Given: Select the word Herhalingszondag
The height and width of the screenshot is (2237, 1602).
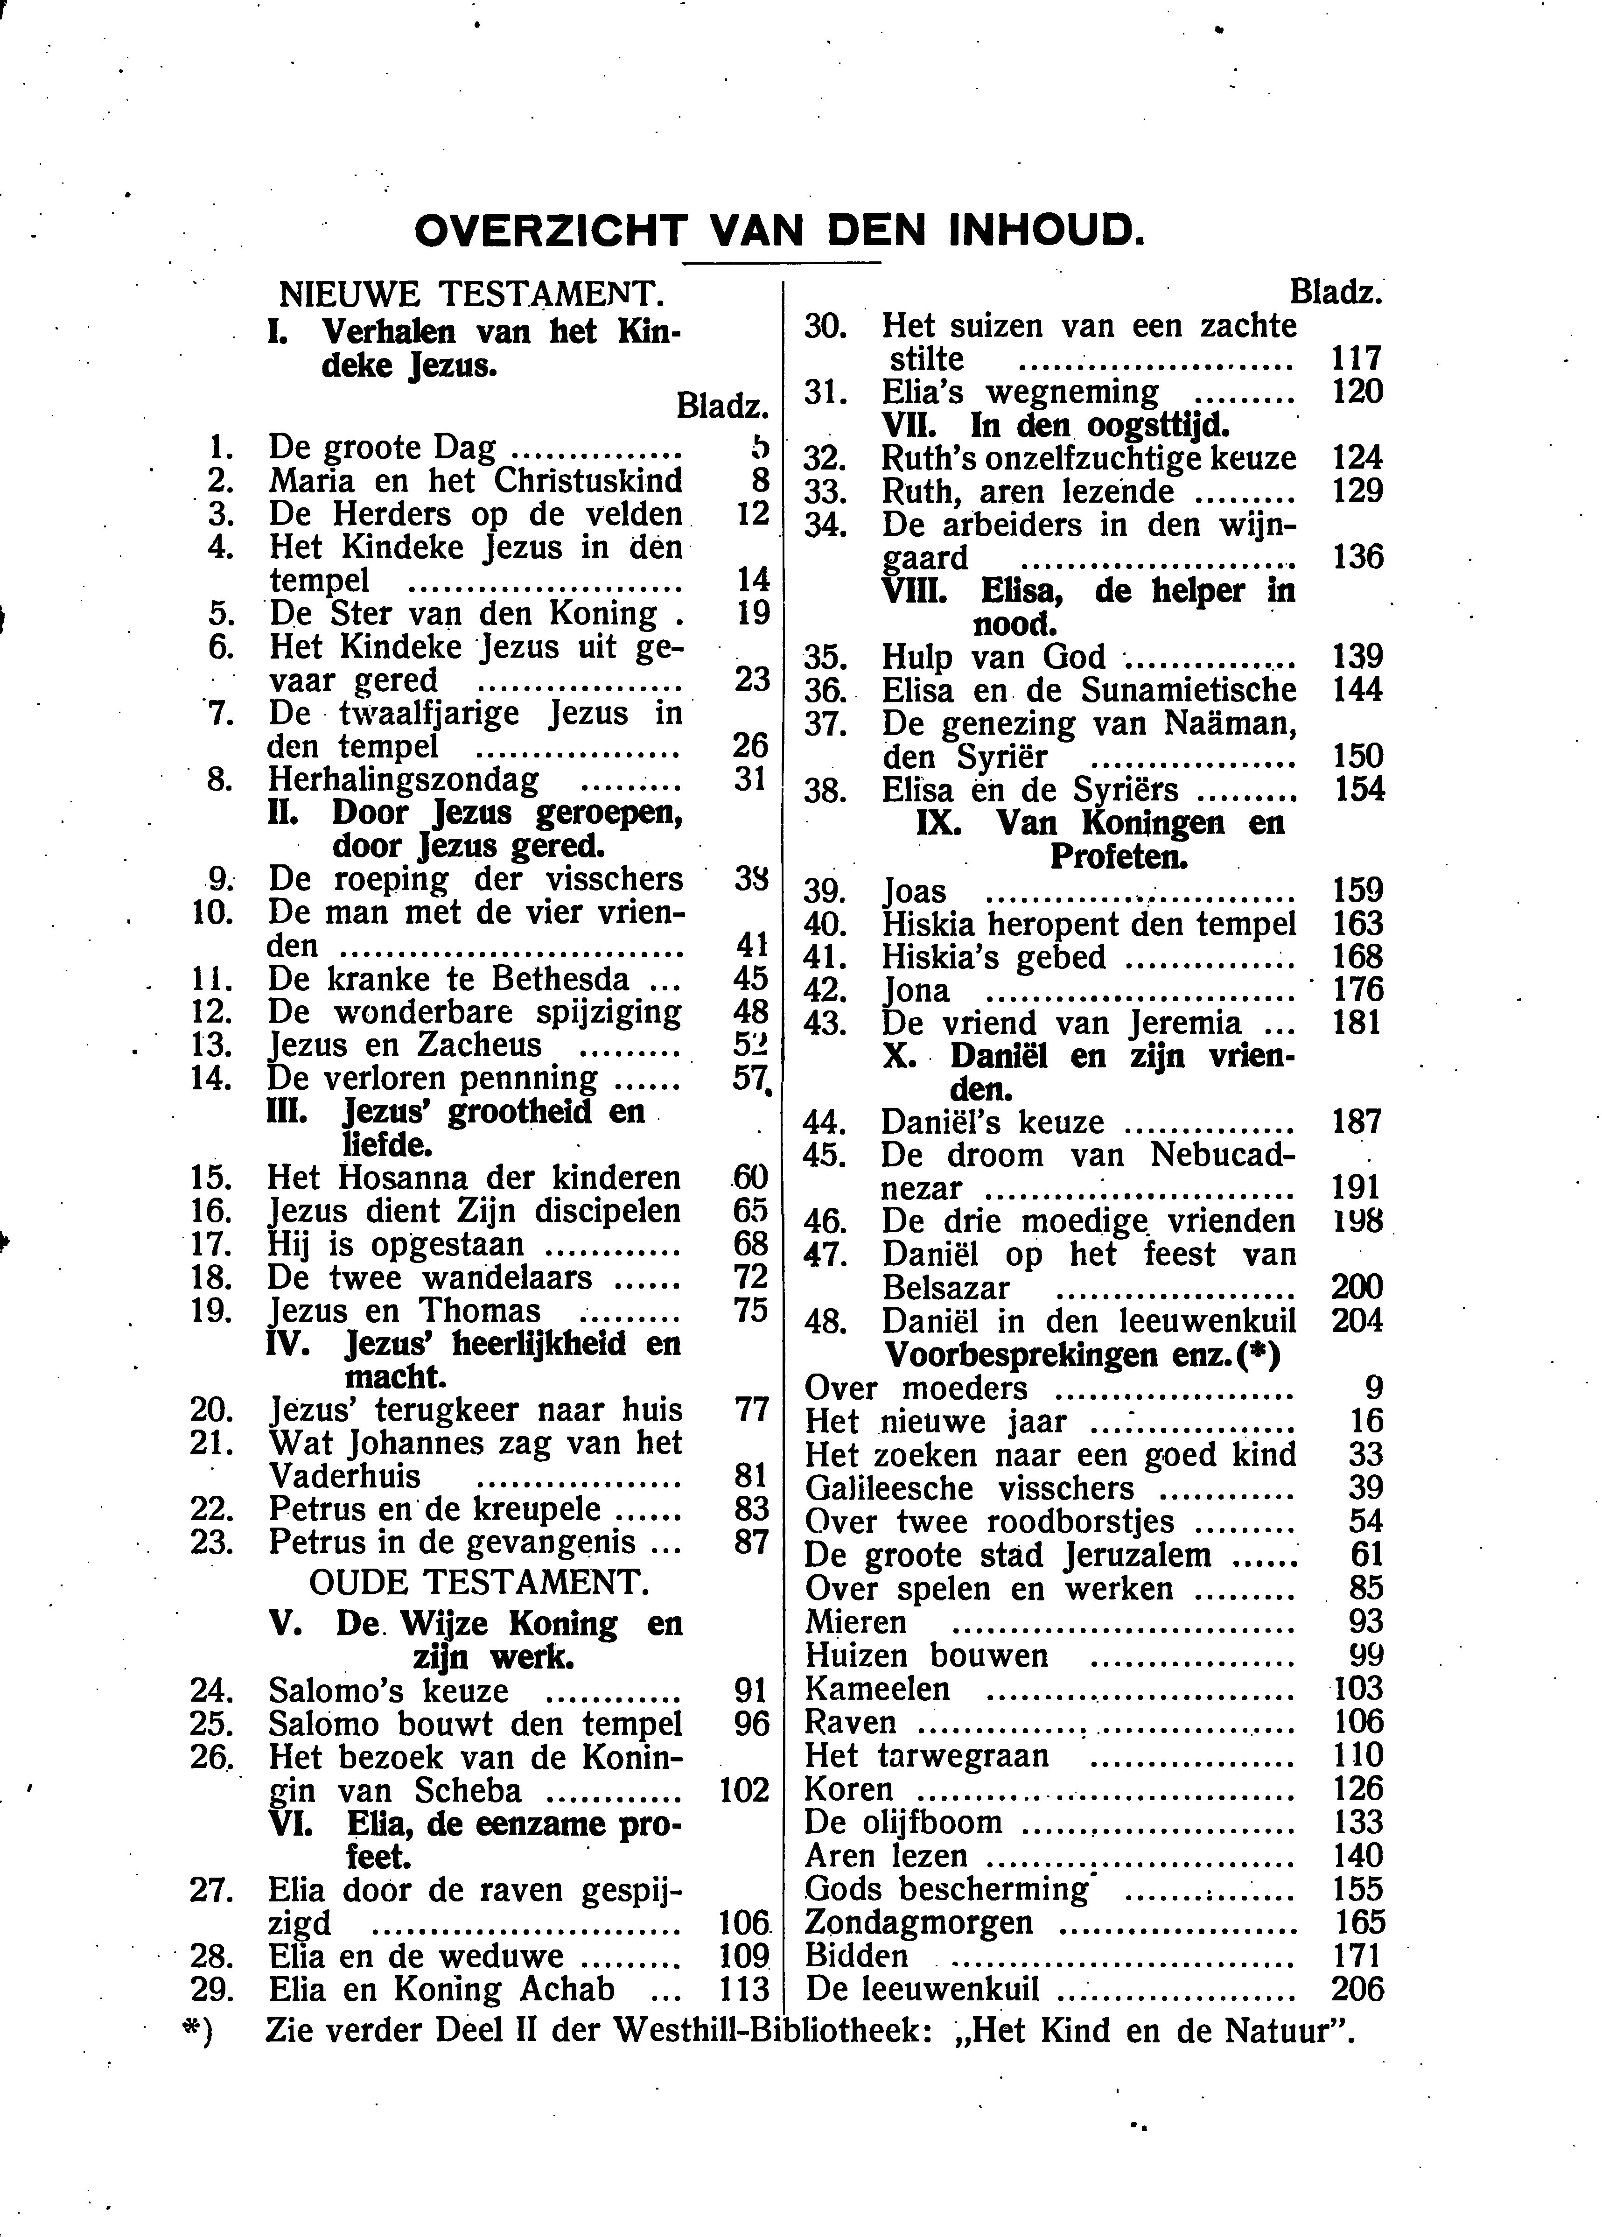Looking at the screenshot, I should tap(405, 780).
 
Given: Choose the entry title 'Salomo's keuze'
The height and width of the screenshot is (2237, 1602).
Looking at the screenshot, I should tap(389, 1690).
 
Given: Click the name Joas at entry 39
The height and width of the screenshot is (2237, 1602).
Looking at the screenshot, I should tap(915, 891).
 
